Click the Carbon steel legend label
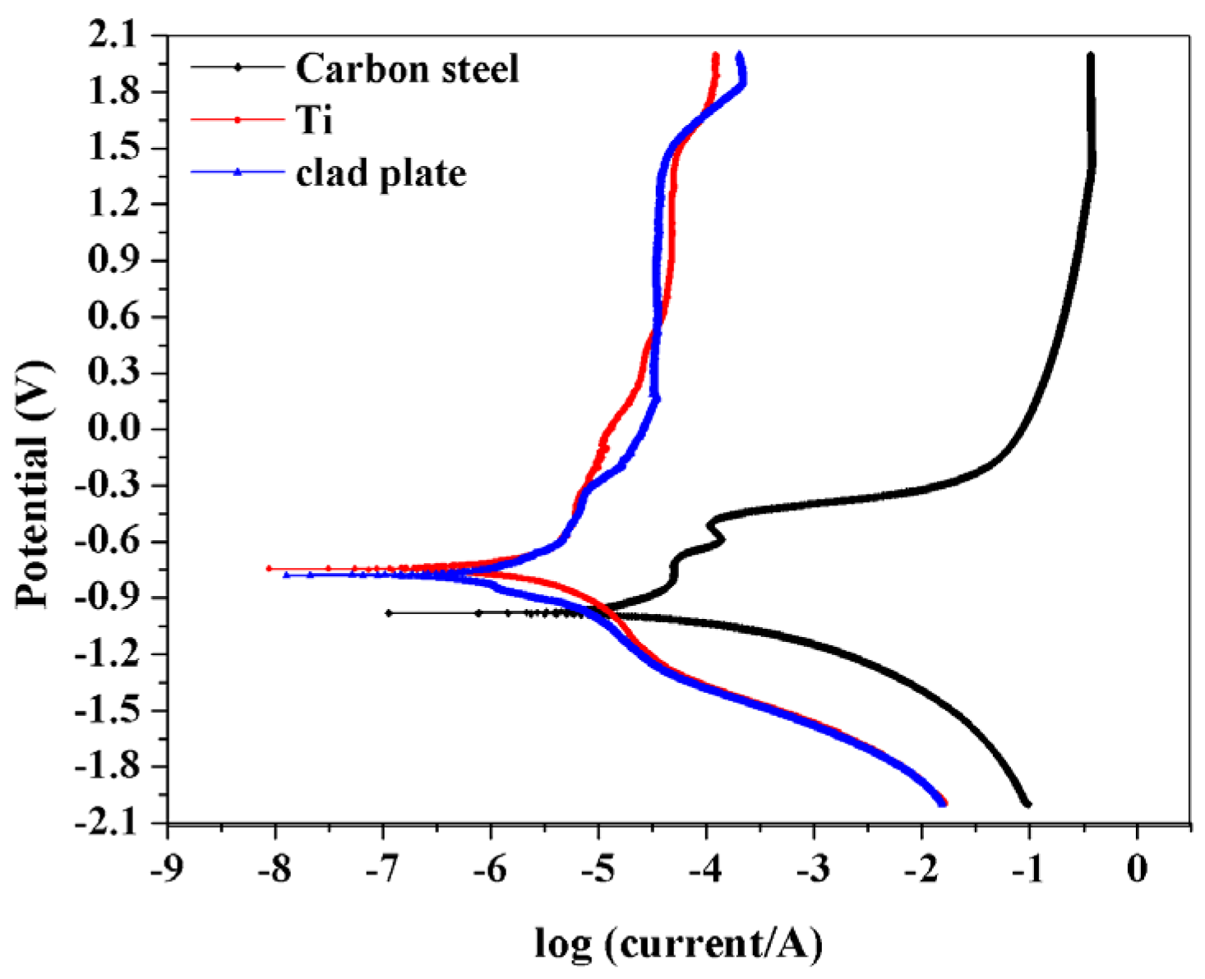(x=407, y=68)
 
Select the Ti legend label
(x=314, y=120)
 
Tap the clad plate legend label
(x=381, y=173)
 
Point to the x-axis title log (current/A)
(x=678, y=944)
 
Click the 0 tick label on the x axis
(x=1137, y=869)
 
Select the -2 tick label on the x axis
(x=921, y=869)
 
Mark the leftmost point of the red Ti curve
(x=269, y=568)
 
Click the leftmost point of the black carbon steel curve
(x=389, y=612)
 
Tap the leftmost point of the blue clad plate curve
(x=286, y=575)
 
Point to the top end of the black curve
(x=1091, y=56)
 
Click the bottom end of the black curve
(x=1027, y=804)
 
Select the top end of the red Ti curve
(x=715, y=56)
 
